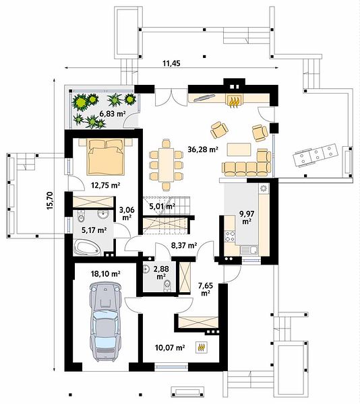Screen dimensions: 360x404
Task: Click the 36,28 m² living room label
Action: tap(203, 149)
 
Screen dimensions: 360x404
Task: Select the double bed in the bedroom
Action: tap(106, 157)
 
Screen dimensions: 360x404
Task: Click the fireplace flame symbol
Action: tap(234, 101)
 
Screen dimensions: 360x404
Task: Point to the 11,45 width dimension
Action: tap(171, 63)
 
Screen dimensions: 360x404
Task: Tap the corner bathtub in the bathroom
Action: tap(87, 248)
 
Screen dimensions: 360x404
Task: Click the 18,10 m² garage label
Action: tap(105, 273)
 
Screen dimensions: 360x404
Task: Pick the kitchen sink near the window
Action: tap(249, 250)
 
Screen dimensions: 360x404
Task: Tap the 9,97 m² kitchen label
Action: tap(247, 217)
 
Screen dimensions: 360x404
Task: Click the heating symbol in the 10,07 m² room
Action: tap(202, 347)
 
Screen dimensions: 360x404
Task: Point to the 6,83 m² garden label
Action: tap(111, 113)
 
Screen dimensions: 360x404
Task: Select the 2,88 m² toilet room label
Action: tap(161, 272)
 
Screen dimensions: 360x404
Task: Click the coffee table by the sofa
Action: tap(239, 149)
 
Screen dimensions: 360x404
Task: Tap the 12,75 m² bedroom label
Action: tap(106, 185)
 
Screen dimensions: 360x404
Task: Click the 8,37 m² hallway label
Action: tap(184, 246)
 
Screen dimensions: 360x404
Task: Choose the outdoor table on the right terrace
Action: tap(315, 156)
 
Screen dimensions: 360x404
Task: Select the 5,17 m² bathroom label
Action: tap(94, 230)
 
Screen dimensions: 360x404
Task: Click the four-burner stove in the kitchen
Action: tap(230, 236)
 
